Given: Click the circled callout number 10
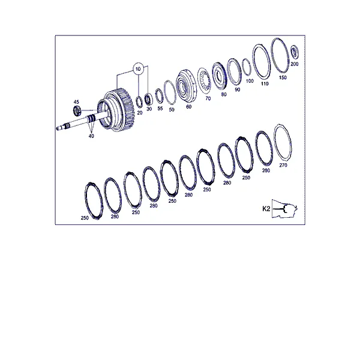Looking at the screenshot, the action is (x=138, y=69).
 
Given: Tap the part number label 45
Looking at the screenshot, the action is (x=76, y=102).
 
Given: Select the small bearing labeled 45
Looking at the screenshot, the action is (x=76, y=111).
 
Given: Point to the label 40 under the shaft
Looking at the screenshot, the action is (x=91, y=136).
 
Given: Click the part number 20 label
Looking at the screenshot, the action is (x=140, y=113).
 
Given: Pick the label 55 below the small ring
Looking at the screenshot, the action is (x=160, y=109).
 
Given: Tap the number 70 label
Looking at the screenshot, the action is (x=208, y=98).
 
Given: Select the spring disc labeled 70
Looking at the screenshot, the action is (x=204, y=80).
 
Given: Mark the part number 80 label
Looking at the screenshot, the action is (x=224, y=94).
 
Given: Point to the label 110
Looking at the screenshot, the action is (x=265, y=84).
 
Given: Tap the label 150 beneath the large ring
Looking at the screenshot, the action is (x=283, y=77).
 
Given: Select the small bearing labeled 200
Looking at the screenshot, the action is (x=295, y=53).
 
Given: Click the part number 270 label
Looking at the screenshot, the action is (x=283, y=165).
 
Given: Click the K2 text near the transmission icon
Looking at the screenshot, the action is (x=266, y=209).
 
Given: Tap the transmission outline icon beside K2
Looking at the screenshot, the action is (x=284, y=209).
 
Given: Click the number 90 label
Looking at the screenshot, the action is (x=238, y=89).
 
